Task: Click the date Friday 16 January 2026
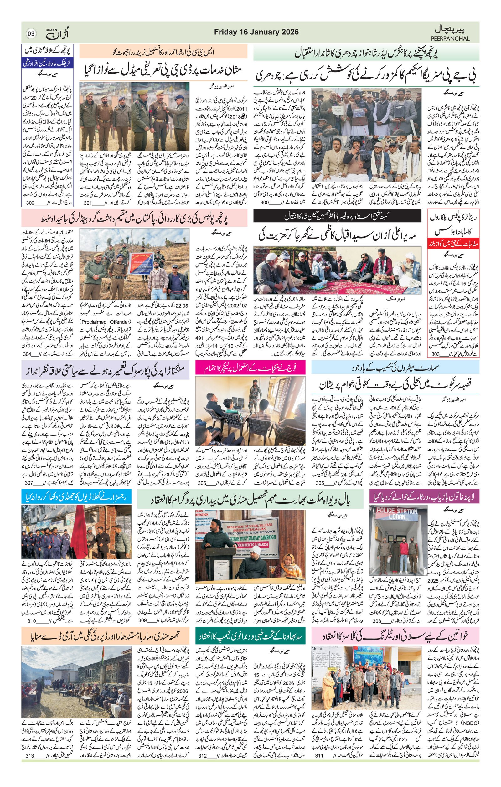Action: tap(256, 32)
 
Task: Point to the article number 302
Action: tap(30, 203)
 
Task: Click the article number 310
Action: tap(31, 594)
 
